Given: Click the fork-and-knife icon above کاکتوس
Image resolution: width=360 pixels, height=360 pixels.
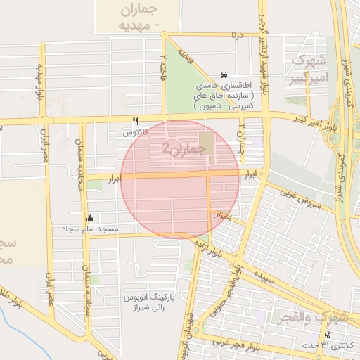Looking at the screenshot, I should (136, 121).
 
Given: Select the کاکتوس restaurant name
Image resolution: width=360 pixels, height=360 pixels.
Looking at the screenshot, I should (134, 131).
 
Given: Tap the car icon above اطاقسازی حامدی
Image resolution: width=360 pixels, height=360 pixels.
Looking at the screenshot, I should (224, 75).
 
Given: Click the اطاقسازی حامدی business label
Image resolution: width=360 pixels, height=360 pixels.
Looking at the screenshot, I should (226, 94).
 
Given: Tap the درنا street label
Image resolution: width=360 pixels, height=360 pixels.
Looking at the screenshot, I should (240, 34).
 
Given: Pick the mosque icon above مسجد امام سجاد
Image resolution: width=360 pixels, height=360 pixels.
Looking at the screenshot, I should (90, 219).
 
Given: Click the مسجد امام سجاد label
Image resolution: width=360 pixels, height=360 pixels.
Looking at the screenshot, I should (89, 229).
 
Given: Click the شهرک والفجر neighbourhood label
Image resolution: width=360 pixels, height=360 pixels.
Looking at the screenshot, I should (311, 317).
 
